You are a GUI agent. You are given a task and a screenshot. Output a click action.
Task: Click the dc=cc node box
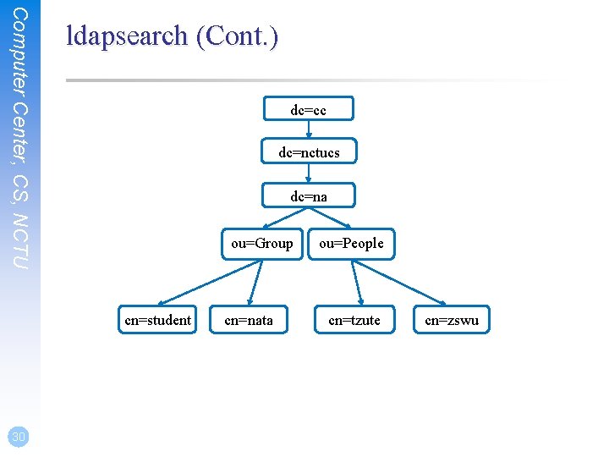point(308,110)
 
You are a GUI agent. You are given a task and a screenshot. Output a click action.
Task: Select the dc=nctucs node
point(309,152)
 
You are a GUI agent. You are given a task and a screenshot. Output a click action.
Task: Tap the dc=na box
point(309,195)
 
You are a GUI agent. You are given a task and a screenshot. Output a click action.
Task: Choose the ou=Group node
point(262,244)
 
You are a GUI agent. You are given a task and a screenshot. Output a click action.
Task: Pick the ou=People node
point(351,244)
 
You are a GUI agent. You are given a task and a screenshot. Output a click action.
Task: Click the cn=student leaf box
point(157,320)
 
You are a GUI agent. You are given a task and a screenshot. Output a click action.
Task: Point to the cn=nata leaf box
point(249,320)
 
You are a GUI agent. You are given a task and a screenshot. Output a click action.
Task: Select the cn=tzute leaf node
point(354,320)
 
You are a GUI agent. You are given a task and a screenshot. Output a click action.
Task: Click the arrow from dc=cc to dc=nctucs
point(309,130)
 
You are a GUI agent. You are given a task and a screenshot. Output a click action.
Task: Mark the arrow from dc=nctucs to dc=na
point(309,173)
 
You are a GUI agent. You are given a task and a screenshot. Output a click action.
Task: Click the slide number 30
point(18,437)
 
